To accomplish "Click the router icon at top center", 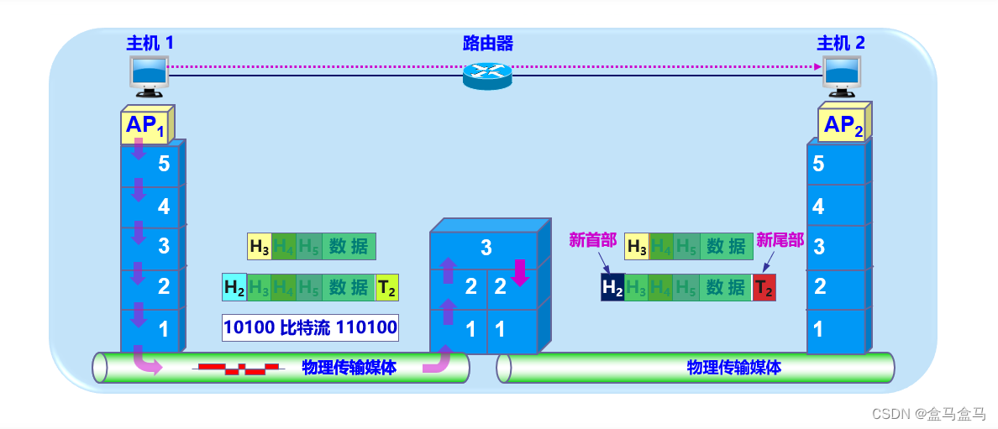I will coord(487,76).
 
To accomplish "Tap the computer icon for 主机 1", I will coord(150,74).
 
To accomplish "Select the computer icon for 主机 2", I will coord(842,74).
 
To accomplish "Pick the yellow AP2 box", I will coord(843,125).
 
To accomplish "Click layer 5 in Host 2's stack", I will coord(836,164).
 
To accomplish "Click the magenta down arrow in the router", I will coord(519,273).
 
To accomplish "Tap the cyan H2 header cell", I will coord(234,287).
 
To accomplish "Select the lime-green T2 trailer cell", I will coord(386,287).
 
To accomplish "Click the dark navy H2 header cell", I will coord(612,287).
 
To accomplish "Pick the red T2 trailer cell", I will coord(764,287).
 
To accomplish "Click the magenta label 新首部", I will coord(592,240).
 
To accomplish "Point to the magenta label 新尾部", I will coord(780,240).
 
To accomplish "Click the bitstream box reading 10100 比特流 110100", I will coord(310,327).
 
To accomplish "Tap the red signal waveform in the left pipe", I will coord(238,368).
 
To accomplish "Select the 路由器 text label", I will coord(487,43).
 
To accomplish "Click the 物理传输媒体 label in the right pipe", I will coord(733,367).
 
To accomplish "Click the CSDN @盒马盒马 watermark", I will coord(927,413).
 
